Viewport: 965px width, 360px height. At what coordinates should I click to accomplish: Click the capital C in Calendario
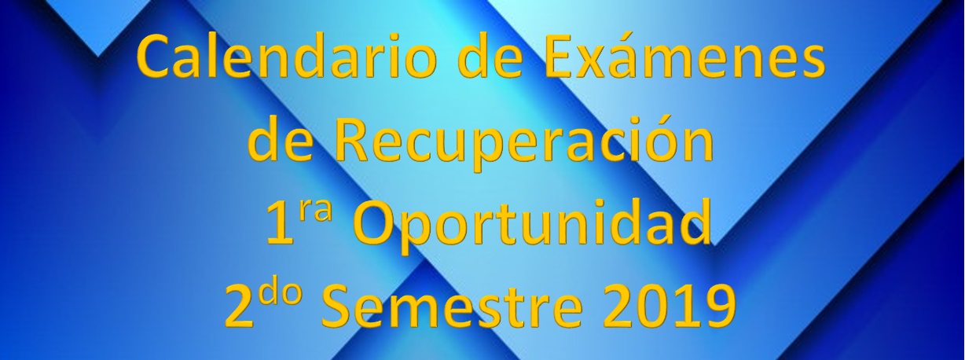click(156, 57)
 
